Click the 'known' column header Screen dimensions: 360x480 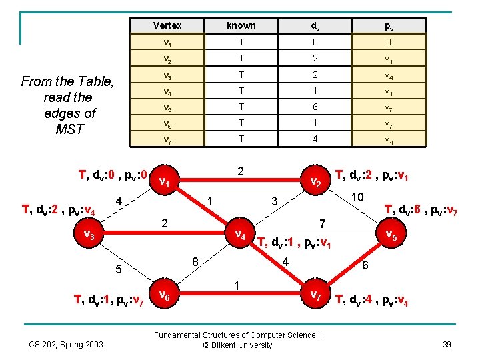241,25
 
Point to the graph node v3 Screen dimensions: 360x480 88,235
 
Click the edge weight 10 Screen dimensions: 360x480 358,197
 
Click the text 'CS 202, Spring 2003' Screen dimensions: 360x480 65,345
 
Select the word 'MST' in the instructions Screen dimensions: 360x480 69,129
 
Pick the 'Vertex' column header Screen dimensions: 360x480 167,25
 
